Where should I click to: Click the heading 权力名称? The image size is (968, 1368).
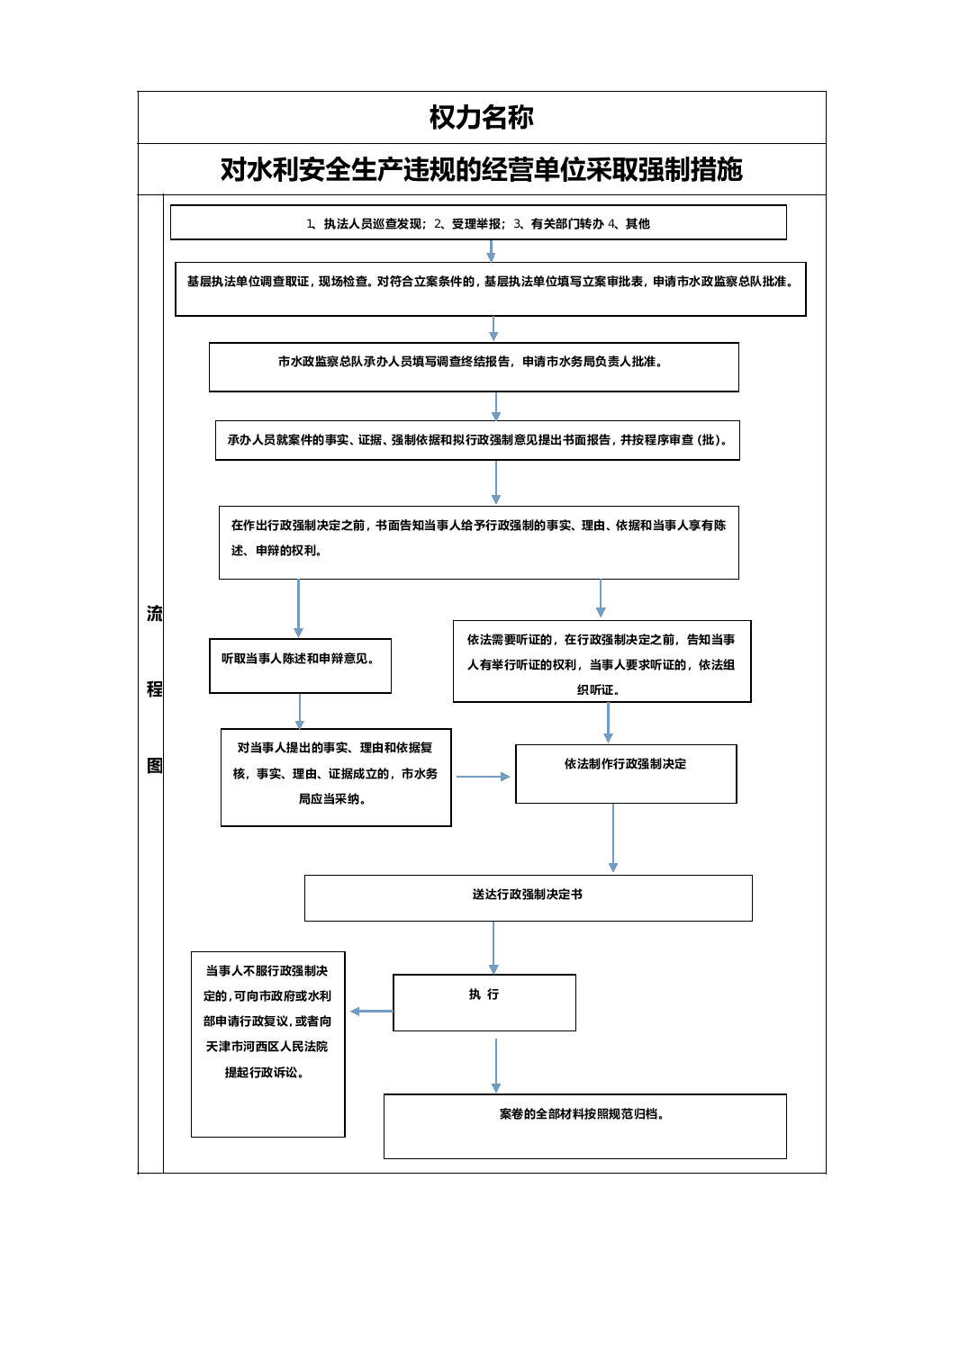coord(481,117)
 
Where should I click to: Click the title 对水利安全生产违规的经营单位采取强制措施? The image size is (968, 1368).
coord(482,169)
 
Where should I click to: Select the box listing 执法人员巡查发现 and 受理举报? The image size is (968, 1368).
coord(478,222)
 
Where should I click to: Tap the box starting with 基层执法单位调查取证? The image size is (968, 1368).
coord(490,289)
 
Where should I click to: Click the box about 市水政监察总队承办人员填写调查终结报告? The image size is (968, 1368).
coord(474,367)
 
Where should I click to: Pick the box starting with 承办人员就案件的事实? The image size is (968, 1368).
coord(477,440)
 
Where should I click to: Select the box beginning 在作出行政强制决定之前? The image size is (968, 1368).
coord(478,543)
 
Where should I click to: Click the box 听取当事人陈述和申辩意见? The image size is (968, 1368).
coord(300,666)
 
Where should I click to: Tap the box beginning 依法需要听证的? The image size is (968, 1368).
coord(602,661)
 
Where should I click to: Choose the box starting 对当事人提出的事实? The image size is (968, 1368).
coord(336,778)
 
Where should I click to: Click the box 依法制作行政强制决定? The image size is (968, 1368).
coord(626,774)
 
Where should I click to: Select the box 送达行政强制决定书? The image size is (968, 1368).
coord(528,898)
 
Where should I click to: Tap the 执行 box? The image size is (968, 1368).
coord(484,1003)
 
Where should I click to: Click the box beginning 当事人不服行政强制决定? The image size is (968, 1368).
coord(267,1044)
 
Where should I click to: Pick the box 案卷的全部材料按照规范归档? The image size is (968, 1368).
coord(584,1126)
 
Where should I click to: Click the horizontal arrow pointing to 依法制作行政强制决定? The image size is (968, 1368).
coord(483,776)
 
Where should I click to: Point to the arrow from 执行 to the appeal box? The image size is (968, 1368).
coord(372,1011)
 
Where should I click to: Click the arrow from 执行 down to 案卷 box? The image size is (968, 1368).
coord(495,1065)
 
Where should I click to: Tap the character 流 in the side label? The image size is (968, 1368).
coord(155,613)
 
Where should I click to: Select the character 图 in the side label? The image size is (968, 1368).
coord(155,765)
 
